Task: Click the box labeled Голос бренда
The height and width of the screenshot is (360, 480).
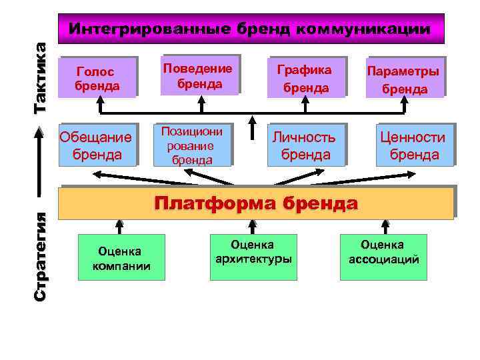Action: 98,77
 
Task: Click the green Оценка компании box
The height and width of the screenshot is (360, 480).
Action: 121,257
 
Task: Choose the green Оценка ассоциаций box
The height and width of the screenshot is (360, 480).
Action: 383,252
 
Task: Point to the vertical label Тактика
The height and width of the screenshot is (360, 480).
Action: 41,77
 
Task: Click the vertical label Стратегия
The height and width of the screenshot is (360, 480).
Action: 41,256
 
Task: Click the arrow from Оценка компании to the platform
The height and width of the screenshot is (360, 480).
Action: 121,227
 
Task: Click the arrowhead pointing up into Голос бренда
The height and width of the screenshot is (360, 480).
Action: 99,102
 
